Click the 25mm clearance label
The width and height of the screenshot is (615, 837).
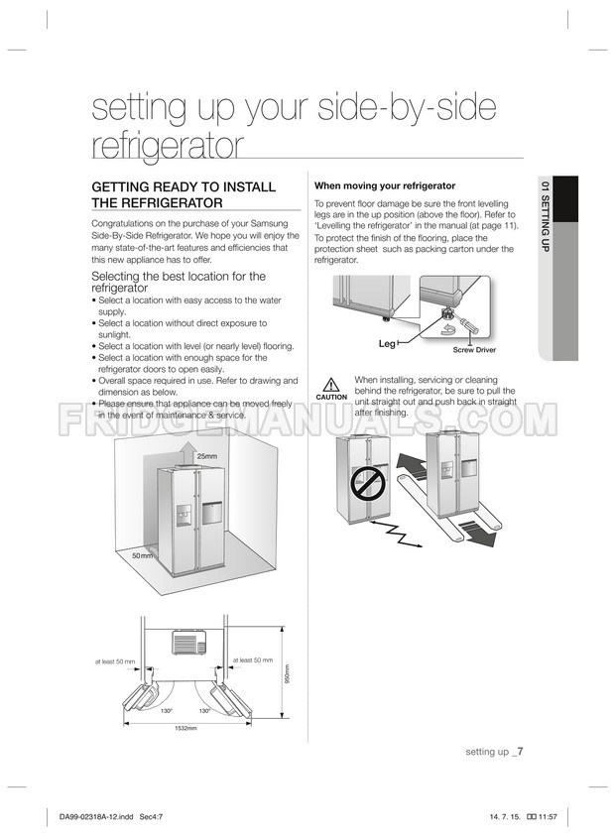(x=207, y=456)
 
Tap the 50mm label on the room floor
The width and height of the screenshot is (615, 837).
(x=143, y=555)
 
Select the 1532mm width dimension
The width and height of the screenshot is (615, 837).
(x=186, y=728)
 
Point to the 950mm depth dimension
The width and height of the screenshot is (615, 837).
(x=287, y=673)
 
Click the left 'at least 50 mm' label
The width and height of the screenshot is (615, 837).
(x=115, y=661)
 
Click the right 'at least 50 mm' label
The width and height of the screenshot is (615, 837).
(x=253, y=659)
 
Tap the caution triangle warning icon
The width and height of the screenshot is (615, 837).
(x=331, y=385)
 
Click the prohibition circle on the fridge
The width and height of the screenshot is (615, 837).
(x=368, y=484)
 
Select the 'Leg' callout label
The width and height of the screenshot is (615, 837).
(x=387, y=343)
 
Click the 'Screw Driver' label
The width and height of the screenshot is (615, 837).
(x=474, y=350)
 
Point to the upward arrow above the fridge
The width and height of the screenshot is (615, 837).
(x=186, y=454)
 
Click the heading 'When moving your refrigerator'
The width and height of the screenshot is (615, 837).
(x=385, y=185)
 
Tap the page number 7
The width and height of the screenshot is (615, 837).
(x=520, y=751)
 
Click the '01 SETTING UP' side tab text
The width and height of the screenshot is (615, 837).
(x=545, y=217)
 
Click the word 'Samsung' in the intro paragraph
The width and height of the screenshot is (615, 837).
(x=269, y=223)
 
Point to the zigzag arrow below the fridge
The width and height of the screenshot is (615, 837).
(x=396, y=534)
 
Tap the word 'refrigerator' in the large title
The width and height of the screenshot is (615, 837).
(x=168, y=145)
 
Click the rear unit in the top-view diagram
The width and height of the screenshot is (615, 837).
(x=189, y=643)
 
